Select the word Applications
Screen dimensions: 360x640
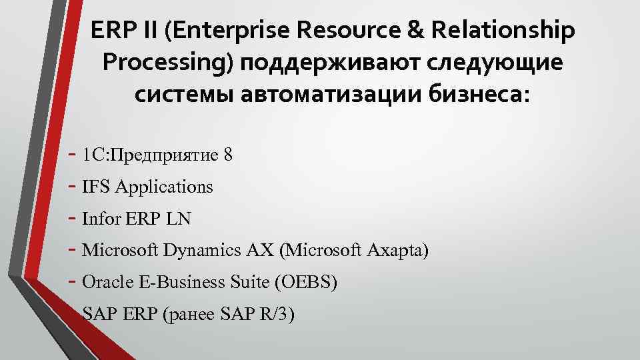164,187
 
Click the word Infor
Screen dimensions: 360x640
101,219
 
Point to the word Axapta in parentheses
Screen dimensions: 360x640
397,251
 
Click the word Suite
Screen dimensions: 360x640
248,283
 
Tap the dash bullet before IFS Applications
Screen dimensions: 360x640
73,187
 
